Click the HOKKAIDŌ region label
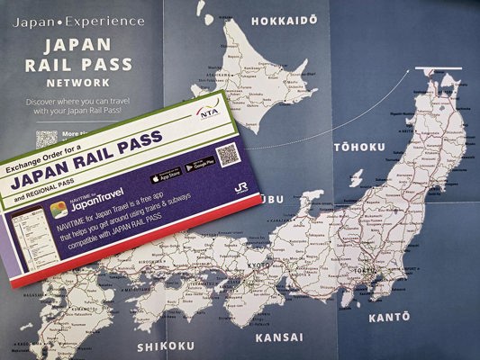(285, 21)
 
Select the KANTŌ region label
(388, 317)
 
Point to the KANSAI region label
(278, 338)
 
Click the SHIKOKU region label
(165, 346)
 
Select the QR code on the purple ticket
(227, 155)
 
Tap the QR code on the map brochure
(47, 139)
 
